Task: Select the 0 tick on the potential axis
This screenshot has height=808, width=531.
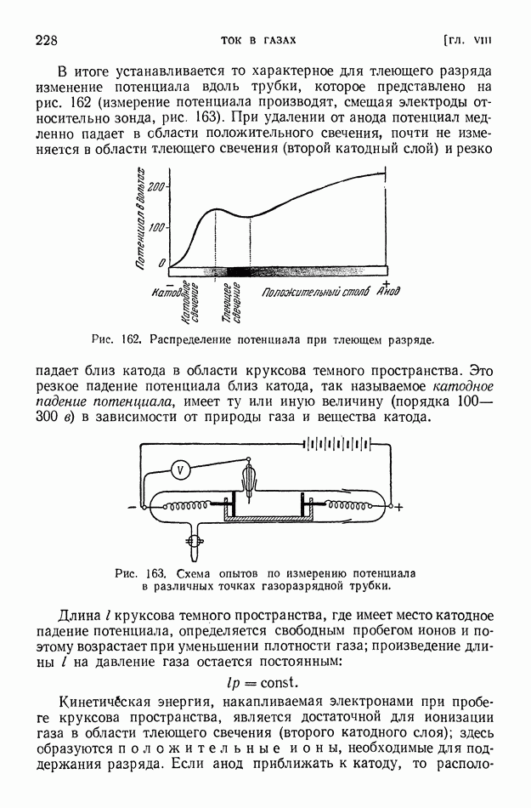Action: point(162,264)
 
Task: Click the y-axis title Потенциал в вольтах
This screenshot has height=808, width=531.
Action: point(141,219)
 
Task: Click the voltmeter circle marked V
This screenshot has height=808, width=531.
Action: point(180,469)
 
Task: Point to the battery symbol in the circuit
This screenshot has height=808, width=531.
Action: point(340,443)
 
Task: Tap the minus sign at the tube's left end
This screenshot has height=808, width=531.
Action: point(132,508)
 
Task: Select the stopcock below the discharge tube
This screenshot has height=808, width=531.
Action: point(195,540)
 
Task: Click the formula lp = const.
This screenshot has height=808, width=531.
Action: point(265,681)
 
